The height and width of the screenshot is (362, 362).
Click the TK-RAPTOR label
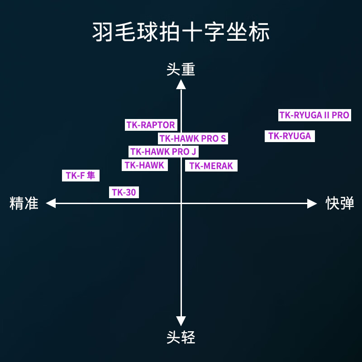click(151, 125)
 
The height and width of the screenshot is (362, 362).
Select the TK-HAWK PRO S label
click(193, 138)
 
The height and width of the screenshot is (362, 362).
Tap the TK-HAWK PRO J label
click(163, 152)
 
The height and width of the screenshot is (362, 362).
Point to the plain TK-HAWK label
click(145, 165)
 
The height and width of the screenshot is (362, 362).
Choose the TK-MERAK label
click(211, 166)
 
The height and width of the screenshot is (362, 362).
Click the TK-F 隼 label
click(81, 176)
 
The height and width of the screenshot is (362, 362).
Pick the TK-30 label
click(124, 192)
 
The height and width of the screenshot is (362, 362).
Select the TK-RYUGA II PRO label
click(314, 115)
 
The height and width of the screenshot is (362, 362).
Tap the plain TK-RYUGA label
click(290, 136)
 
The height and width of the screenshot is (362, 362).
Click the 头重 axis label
click(181, 69)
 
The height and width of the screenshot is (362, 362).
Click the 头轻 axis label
click(181, 337)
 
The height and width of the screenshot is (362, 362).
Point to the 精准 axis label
click(24, 203)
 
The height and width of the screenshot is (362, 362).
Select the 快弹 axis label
click(340, 203)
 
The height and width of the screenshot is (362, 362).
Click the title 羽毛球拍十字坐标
click(181, 33)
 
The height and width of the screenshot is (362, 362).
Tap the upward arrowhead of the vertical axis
click(181, 84)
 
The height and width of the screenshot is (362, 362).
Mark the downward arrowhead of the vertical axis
click(181, 322)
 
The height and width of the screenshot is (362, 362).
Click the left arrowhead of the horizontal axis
click(50, 203)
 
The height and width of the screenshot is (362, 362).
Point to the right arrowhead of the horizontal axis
click(312, 203)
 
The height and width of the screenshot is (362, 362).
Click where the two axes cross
click(181, 203)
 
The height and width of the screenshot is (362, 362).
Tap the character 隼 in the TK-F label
click(91, 176)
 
